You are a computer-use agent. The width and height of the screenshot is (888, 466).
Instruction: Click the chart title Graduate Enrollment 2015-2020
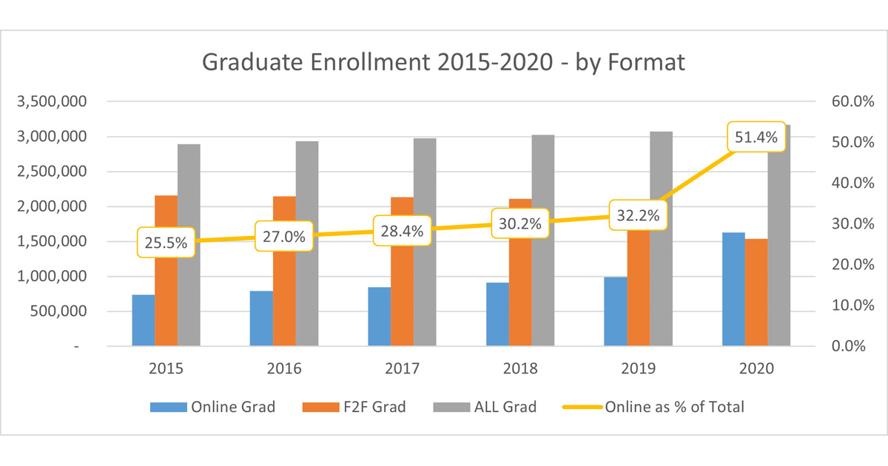(x=443, y=63)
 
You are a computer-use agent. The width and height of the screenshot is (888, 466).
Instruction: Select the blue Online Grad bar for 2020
(x=733, y=289)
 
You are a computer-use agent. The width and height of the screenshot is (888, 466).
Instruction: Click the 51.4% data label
(x=756, y=136)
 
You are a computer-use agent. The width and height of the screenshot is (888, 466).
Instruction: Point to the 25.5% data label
(x=166, y=242)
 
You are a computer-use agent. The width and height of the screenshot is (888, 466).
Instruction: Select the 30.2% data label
(x=520, y=223)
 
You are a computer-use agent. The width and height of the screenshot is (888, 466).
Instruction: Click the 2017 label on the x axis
(x=402, y=368)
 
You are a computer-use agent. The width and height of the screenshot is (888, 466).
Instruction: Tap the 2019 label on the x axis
(x=638, y=368)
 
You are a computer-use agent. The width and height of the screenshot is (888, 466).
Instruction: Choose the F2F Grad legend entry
(x=354, y=406)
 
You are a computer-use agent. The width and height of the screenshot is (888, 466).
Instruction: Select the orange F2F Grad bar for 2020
(x=756, y=292)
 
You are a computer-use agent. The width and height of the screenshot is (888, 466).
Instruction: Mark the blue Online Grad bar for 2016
(x=261, y=318)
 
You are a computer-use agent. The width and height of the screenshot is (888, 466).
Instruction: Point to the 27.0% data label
(x=284, y=236)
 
